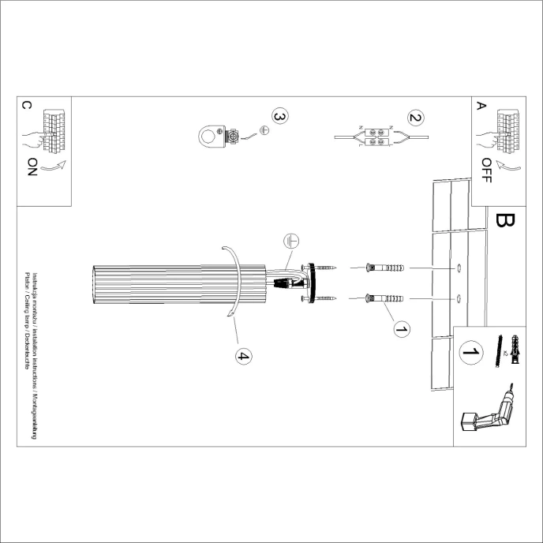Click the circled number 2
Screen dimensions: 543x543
415,118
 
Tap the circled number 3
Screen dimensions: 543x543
279,116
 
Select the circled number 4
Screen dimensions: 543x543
243,357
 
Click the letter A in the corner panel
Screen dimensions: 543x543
481,105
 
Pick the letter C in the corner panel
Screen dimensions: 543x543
26,105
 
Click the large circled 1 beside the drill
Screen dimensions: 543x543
471,352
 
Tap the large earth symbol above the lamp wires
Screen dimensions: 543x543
290,243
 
